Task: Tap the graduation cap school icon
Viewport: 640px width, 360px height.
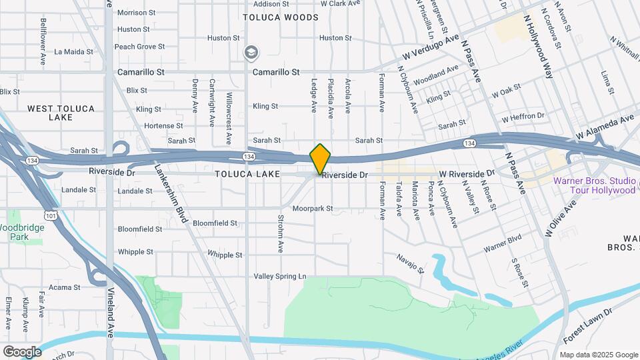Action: [251, 53]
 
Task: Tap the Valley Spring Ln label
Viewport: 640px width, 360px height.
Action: [280, 276]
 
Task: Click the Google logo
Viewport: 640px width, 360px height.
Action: [22, 351]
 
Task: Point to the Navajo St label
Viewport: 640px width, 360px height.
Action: [411, 263]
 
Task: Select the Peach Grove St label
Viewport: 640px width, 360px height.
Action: [139, 47]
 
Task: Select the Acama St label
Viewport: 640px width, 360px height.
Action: [65, 287]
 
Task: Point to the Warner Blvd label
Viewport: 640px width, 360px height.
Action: [503, 243]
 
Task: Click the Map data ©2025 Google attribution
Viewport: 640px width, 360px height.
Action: [598, 355]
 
